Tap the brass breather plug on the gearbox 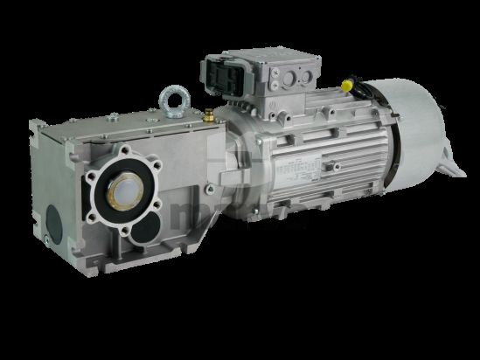(x=210, y=114)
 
